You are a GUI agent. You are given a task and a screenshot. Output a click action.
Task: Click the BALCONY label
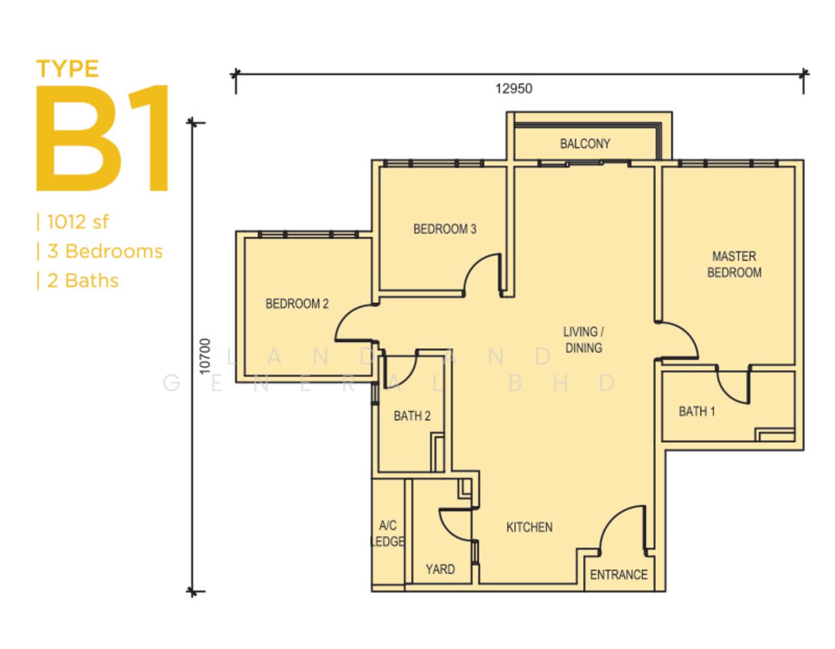[584, 144]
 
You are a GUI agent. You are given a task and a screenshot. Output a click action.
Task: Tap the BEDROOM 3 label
[445, 229]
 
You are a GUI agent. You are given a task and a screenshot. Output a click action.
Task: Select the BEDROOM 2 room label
[297, 304]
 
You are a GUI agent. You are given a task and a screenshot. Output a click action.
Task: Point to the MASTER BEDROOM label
[734, 264]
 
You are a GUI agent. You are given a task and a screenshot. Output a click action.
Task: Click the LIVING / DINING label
[583, 340]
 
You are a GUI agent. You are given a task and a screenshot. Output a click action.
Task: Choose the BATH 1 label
[696, 412]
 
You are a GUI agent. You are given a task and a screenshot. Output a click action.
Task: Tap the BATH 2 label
[412, 416]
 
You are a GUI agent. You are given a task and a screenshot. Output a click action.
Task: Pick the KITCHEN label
[529, 527]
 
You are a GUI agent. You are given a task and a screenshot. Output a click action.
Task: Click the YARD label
[440, 569]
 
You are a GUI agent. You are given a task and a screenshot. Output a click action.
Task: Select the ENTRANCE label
[618, 575]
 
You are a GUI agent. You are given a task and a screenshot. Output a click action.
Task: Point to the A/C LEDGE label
[388, 533]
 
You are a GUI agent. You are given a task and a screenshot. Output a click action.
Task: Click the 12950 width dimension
[514, 88]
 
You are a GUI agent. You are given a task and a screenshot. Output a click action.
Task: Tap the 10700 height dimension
[205, 356]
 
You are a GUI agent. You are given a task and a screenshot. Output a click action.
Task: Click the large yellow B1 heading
[102, 138]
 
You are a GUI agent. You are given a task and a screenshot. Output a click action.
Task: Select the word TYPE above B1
[67, 68]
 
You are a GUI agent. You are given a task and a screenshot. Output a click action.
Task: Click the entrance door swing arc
[611, 518]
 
